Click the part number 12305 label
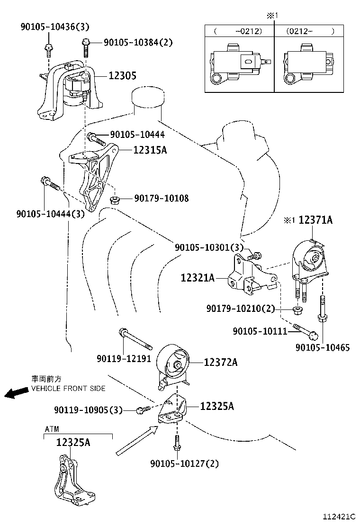tap(122, 75)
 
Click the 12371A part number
tap(315, 220)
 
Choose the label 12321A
tap(198, 278)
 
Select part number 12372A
tap(220, 362)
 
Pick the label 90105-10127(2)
tap(184, 463)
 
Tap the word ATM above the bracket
tap(52, 429)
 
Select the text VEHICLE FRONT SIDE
tap(68, 388)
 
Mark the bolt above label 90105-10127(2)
tap(177, 443)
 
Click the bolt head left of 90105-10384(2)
tap(86, 44)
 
